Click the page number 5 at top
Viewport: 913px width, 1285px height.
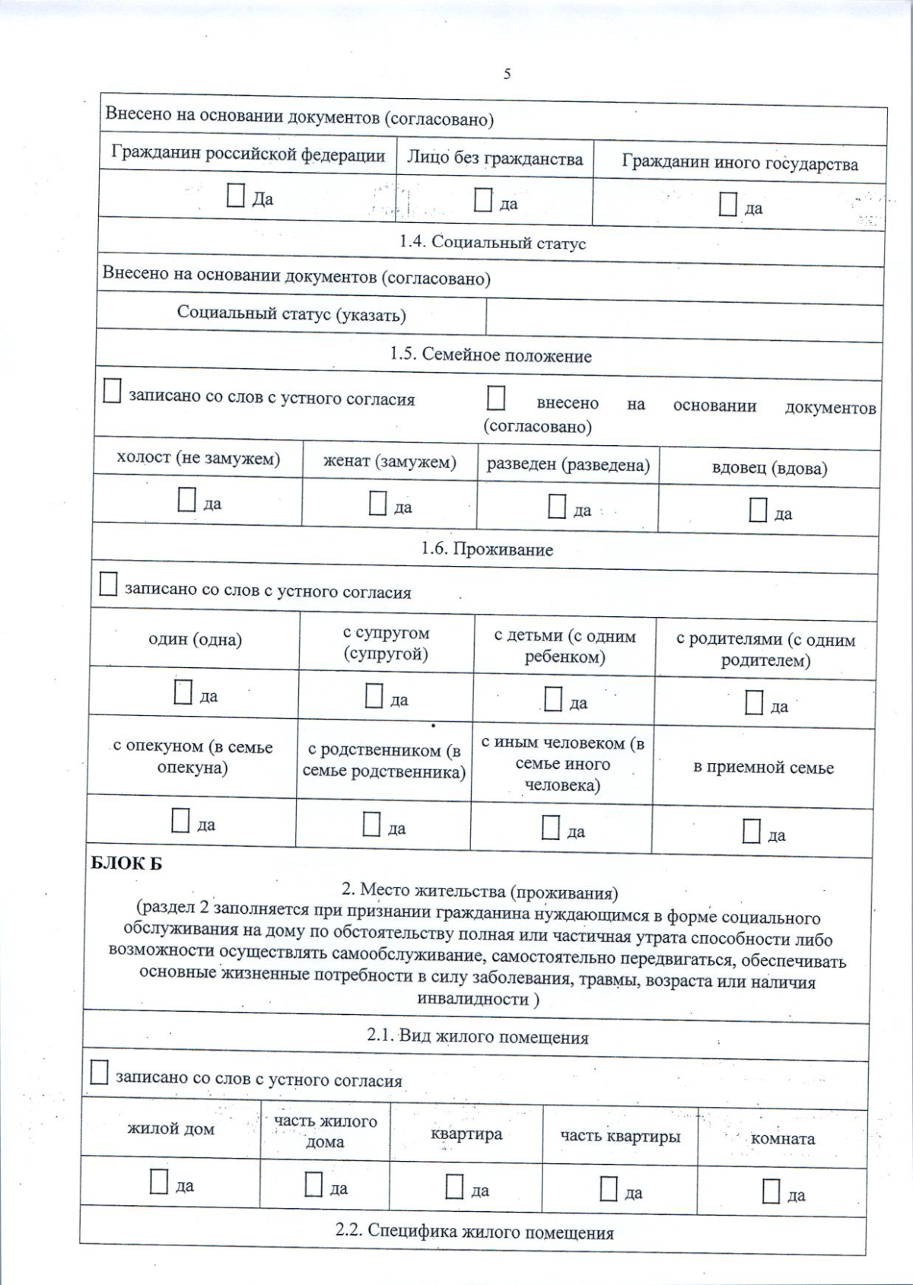[x=507, y=74]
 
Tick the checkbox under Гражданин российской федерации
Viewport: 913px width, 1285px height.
[x=236, y=196]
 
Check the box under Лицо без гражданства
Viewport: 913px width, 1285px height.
[x=483, y=200]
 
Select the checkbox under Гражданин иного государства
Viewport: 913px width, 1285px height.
[x=728, y=205]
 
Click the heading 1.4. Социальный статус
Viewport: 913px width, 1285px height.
[x=492, y=243]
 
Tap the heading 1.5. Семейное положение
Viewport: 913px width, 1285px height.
[x=491, y=355]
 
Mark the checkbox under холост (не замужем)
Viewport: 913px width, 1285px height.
[x=186, y=500]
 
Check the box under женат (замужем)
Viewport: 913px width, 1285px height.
[x=377, y=504]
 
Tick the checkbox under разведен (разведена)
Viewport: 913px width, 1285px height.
[x=557, y=507]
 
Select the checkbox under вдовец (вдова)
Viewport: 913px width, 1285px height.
[x=758, y=511]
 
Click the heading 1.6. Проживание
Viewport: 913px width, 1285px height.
[x=487, y=549]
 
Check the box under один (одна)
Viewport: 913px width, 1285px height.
[x=183, y=692]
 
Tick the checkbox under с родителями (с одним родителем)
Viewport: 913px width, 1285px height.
[x=753, y=703]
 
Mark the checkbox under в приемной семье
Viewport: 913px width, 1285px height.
[x=751, y=832]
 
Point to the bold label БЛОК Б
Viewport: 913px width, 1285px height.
[x=126, y=864]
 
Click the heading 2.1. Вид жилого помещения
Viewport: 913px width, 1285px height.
[x=478, y=1037]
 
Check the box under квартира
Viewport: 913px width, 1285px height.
[x=454, y=1187]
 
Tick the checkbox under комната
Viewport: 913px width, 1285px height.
[x=771, y=1191]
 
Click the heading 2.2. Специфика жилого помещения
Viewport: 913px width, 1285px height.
[x=474, y=1232]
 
